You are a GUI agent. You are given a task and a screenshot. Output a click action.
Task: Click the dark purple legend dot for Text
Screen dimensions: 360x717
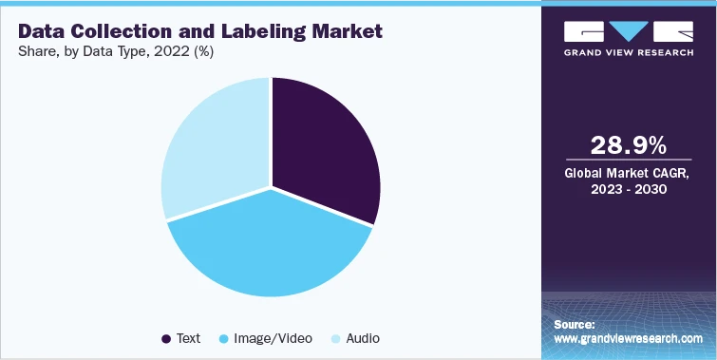(167, 338)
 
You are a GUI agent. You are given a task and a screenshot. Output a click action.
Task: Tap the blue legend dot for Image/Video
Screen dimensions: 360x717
(224, 338)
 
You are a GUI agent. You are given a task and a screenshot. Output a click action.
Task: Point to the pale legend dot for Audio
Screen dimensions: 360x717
(334, 338)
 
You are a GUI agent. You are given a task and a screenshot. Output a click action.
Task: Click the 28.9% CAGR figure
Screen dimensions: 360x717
(628, 145)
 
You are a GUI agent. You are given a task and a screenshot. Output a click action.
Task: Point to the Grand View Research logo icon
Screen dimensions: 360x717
(628, 30)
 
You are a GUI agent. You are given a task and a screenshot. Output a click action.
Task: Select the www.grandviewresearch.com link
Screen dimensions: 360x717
(628, 338)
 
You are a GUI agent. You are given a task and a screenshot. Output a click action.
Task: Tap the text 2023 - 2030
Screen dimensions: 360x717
(628, 189)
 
